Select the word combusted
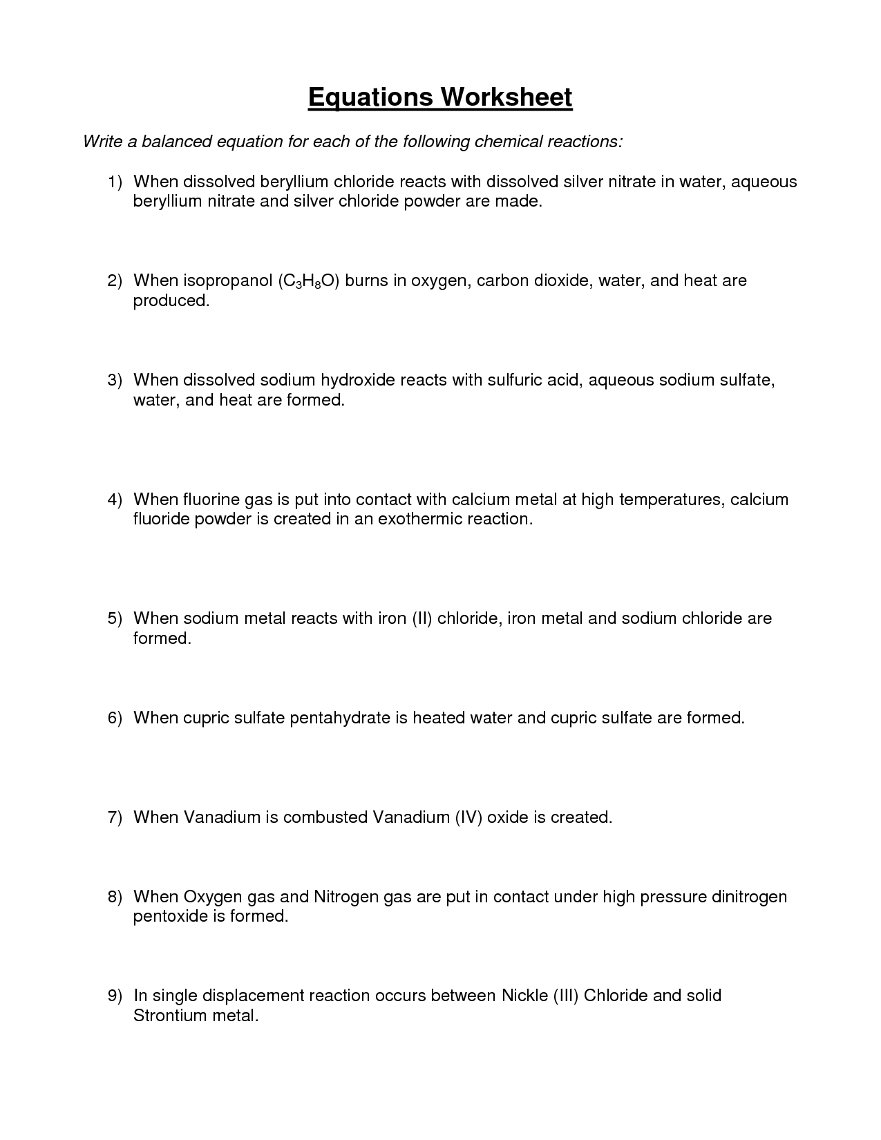point(325,817)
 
